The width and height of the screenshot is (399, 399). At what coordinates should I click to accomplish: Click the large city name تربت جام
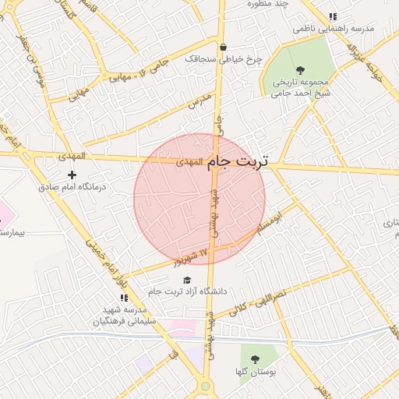coord(238,161)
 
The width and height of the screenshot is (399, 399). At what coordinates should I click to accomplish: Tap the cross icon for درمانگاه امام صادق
coord(72,175)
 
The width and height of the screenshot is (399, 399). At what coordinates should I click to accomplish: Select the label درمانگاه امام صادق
coord(72,188)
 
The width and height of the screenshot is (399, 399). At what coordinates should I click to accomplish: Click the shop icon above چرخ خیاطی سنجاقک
coord(224,46)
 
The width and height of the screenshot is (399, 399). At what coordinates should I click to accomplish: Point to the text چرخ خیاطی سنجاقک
coord(224,58)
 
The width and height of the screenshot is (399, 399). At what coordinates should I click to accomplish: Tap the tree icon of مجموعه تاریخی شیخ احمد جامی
coord(301,69)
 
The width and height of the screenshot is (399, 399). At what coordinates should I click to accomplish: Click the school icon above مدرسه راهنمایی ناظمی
coord(334,16)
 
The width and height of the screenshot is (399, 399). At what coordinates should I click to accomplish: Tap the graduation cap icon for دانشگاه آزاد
coord(186,279)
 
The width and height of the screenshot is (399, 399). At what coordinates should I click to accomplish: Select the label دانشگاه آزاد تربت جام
coord(187,291)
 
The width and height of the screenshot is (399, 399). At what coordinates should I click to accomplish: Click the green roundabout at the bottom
coord(205,386)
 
